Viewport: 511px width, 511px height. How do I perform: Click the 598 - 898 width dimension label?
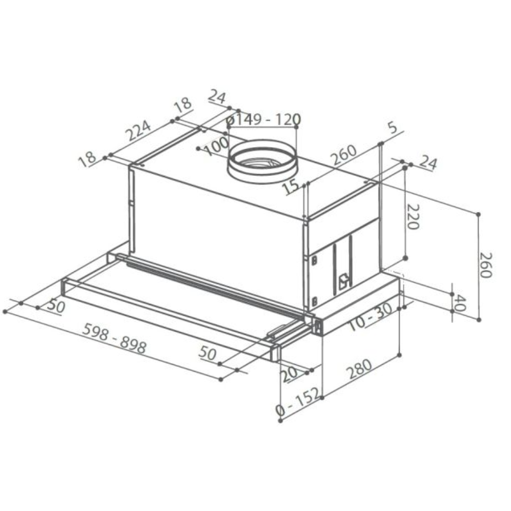[x=114, y=338]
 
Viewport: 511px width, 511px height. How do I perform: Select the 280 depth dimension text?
[x=359, y=369]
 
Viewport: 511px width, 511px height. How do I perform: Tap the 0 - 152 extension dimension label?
[x=298, y=402]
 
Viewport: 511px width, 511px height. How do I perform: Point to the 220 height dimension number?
[x=412, y=217]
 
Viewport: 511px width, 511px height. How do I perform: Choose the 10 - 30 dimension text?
[x=370, y=317]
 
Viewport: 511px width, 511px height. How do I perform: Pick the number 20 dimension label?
[x=289, y=374]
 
